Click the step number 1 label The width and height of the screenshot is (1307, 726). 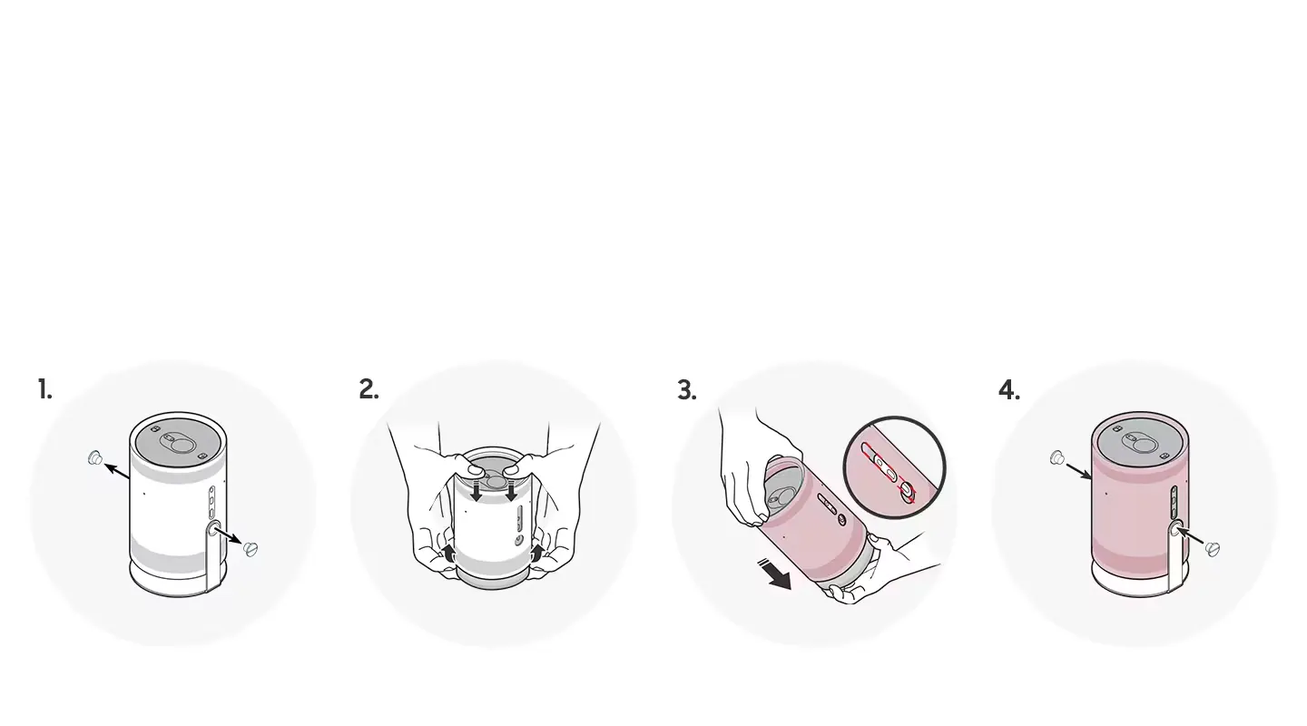tap(45, 389)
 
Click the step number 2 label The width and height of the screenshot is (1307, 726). tap(369, 389)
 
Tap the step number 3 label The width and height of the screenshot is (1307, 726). tap(687, 390)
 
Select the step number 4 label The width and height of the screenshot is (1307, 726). tap(1009, 390)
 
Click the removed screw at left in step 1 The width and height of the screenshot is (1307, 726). tap(95, 458)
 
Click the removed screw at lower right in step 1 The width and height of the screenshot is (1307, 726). tap(251, 549)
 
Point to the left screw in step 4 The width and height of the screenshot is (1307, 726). tap(1057, 458)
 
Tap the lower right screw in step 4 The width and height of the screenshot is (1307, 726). tap(1213, 549)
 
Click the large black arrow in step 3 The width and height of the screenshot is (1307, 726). tap(775, 574)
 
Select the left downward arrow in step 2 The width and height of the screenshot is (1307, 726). tap(477, 491)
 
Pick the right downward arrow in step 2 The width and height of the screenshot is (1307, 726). tap(512, 491)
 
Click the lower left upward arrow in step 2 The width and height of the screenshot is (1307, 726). tap(447, 553)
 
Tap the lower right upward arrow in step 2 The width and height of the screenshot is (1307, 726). tap(537, 553)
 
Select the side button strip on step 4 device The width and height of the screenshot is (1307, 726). tap(1174, 502)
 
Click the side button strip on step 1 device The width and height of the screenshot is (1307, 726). tap(211, 502)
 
